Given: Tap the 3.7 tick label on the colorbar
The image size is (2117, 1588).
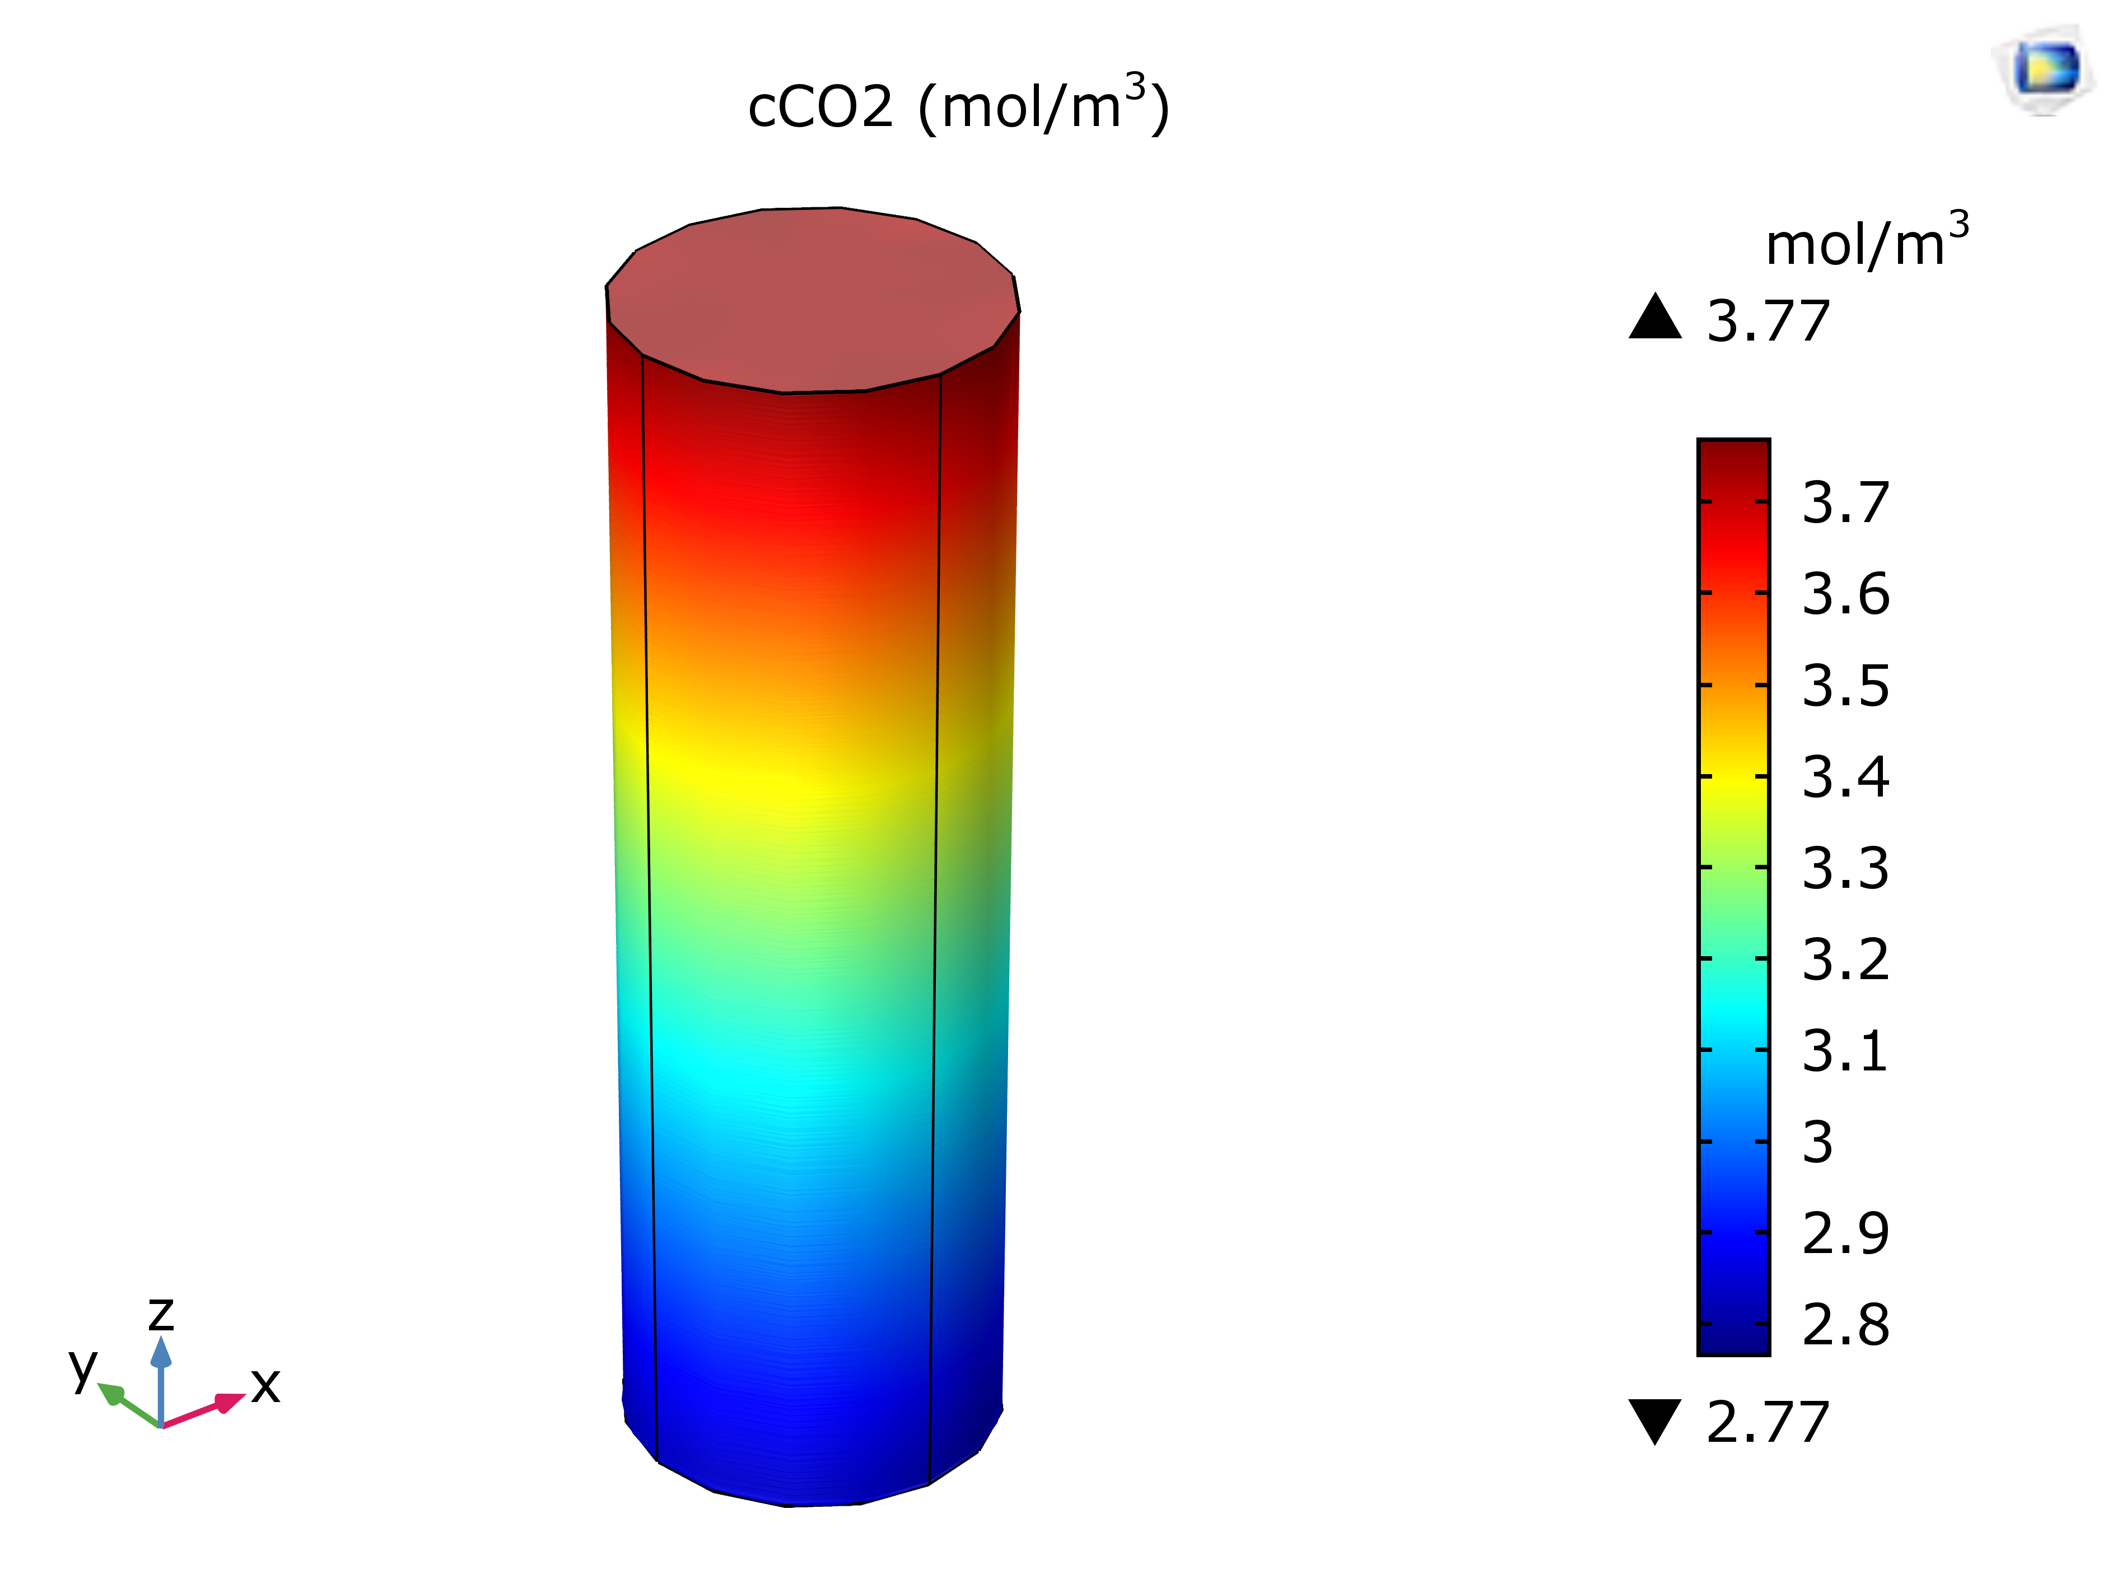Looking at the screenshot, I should coord(1845,502).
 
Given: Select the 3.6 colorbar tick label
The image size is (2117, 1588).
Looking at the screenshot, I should coord(1845,594).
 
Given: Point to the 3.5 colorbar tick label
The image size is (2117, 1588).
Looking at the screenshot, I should coord(1845,686).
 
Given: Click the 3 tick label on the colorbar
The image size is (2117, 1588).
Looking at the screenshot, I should coord(1817,1143).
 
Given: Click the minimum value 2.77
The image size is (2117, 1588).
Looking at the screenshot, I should coord(1768,1422).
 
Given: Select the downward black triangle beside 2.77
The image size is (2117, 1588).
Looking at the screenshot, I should coord(1655,1419).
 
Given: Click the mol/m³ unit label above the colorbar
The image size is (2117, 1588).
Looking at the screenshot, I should coord(1866,241).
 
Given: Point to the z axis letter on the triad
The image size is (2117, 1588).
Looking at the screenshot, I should coord(161,1314).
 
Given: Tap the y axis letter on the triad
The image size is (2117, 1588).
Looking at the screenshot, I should coord(83,1366).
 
